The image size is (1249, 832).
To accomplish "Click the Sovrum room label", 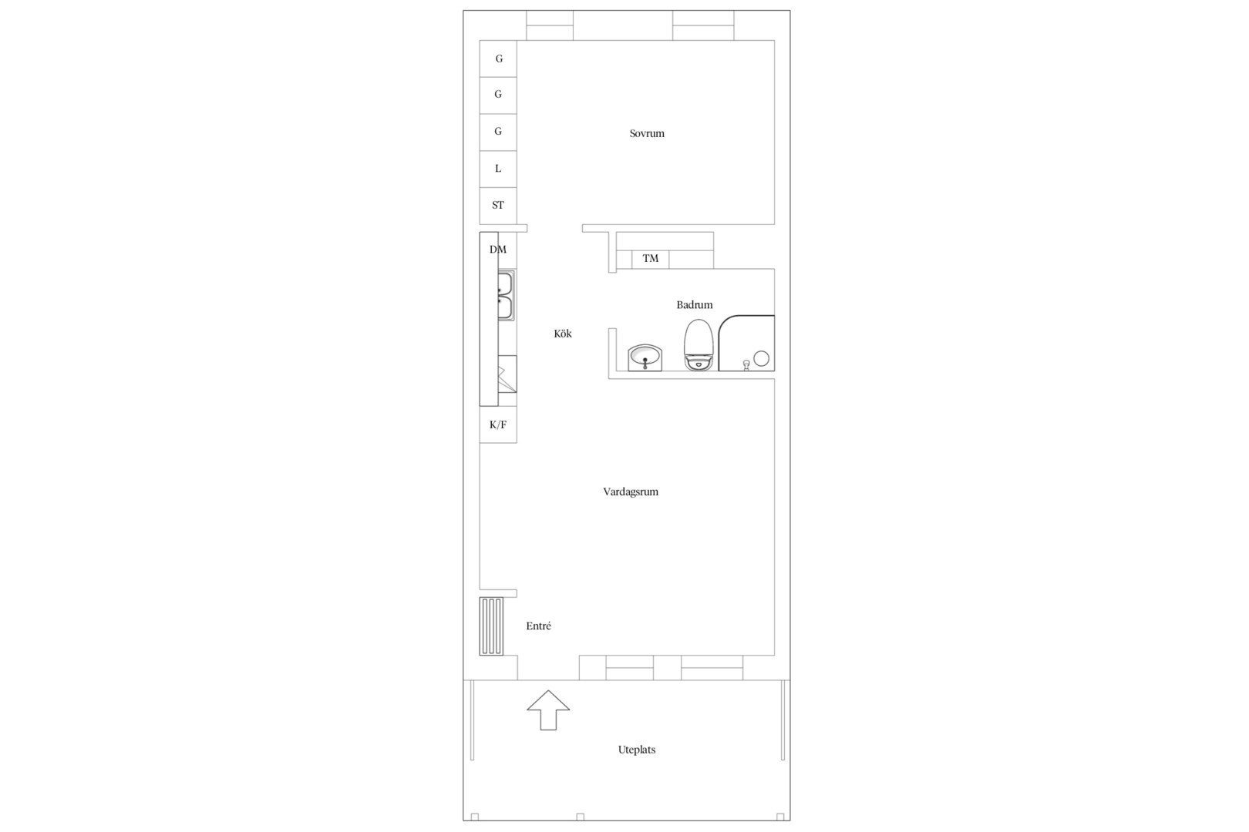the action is pyautogui.click(x=647, y=133).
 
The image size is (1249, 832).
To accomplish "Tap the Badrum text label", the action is pyautogui.click(x=694, y=305).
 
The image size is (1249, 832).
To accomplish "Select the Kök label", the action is pyautogui.click(x=563, y=334).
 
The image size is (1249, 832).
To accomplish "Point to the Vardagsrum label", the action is pyautogui.click(x=631, y=491).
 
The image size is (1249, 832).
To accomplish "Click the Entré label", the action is pyautogui.click(x=539, y=626).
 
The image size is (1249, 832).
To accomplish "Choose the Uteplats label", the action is pyautogui.click(x=637, y=750).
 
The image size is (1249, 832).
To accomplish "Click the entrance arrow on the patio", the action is pyautogui.click(x=549, y=710).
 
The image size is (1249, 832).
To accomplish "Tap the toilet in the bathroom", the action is pyautogui.click(x=699, y=345).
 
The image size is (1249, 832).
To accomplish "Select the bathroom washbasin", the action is pyautogui.click(x=645, y=357).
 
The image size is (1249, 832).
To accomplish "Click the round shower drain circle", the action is pyautogui.click(x=762, y=358).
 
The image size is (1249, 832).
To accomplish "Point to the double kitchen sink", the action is pyautogui.click(x=507, y=295).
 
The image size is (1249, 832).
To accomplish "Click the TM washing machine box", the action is pyautogui.click(x=650, y=259).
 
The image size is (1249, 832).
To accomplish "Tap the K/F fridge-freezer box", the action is pyautogui.click(x=498, y=424).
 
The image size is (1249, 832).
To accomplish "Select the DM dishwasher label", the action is pyautogui.click(x=498, y=250).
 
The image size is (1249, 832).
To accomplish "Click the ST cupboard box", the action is pyautogui.click(x=498, y=206).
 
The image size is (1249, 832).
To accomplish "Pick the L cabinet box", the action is pyautogui.click(x=498, y=169).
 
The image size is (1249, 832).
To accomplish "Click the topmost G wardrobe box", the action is pyautogui.click(x=498, y=59).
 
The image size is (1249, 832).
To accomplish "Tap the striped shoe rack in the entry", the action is pyautogui.click(x=491, y=626).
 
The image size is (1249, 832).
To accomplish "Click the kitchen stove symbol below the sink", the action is pyautogui.click(x=507, y=374).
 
